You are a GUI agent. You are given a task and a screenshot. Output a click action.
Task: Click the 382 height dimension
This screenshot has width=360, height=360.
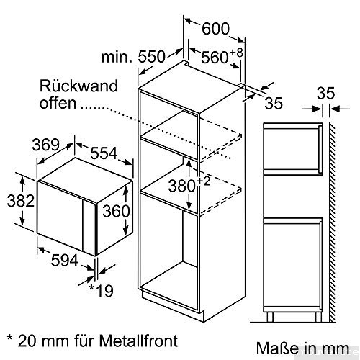coord(16,199)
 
